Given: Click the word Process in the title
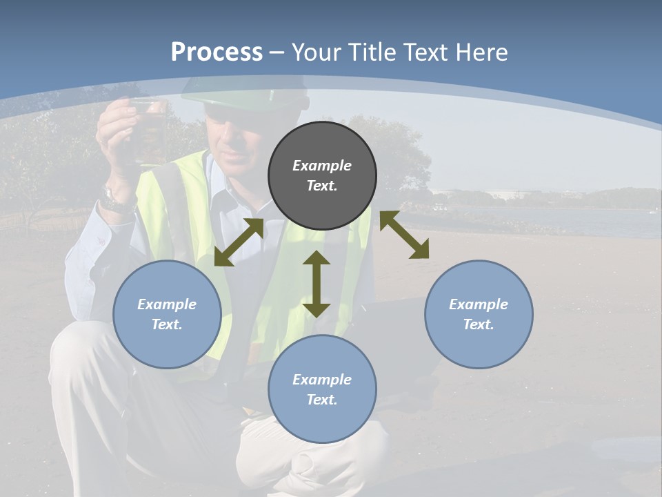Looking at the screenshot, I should point(217,52).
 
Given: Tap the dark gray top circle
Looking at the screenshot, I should point(322,175).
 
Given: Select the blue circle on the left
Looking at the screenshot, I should point(167,314).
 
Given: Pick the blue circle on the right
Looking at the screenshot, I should point(479,314).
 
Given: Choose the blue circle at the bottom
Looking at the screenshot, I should point(322,389).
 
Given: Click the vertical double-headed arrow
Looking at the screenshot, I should point(317,284).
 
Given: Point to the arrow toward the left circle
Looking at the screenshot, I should point(239,242).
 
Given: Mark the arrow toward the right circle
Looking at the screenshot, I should point(404,235).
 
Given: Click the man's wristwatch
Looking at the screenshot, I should point(115,200).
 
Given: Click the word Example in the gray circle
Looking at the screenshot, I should point(322,166).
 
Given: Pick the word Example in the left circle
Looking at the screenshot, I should point(167,304).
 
